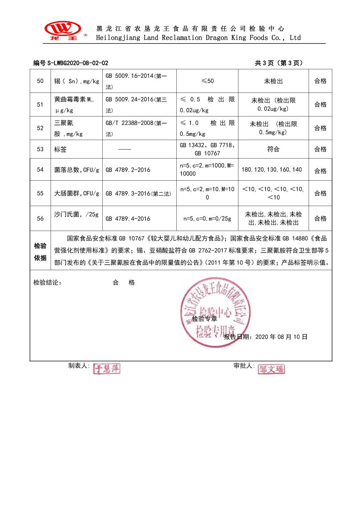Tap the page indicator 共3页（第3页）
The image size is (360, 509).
278,63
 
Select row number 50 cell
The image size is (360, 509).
40,81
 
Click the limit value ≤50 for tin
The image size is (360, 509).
207,81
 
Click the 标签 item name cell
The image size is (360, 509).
60,149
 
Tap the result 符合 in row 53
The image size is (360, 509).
273,149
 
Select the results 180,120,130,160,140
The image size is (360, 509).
272,169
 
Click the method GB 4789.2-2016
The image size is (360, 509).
128,170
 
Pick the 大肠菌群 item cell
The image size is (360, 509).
76,193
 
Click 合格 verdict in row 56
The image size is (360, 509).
320,218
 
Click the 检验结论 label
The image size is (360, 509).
47,283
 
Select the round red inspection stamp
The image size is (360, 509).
216,312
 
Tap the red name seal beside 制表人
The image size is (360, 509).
107,369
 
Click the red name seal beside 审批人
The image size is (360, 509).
271,369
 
